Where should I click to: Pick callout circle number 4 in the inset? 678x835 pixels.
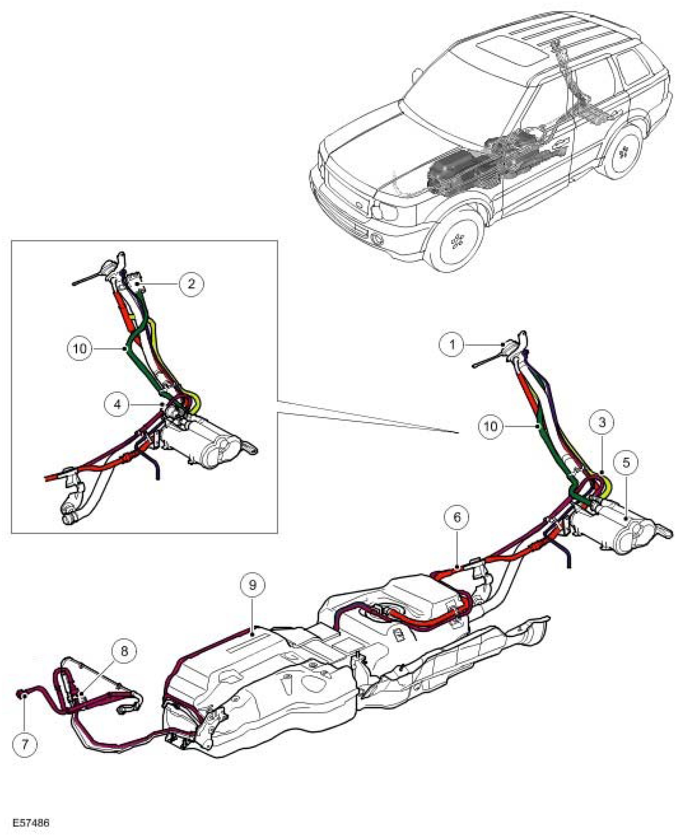[117, 404]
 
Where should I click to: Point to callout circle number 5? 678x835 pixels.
[626, 463]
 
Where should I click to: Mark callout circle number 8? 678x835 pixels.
[124, 651]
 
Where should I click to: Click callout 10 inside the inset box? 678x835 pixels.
[80, 348]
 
